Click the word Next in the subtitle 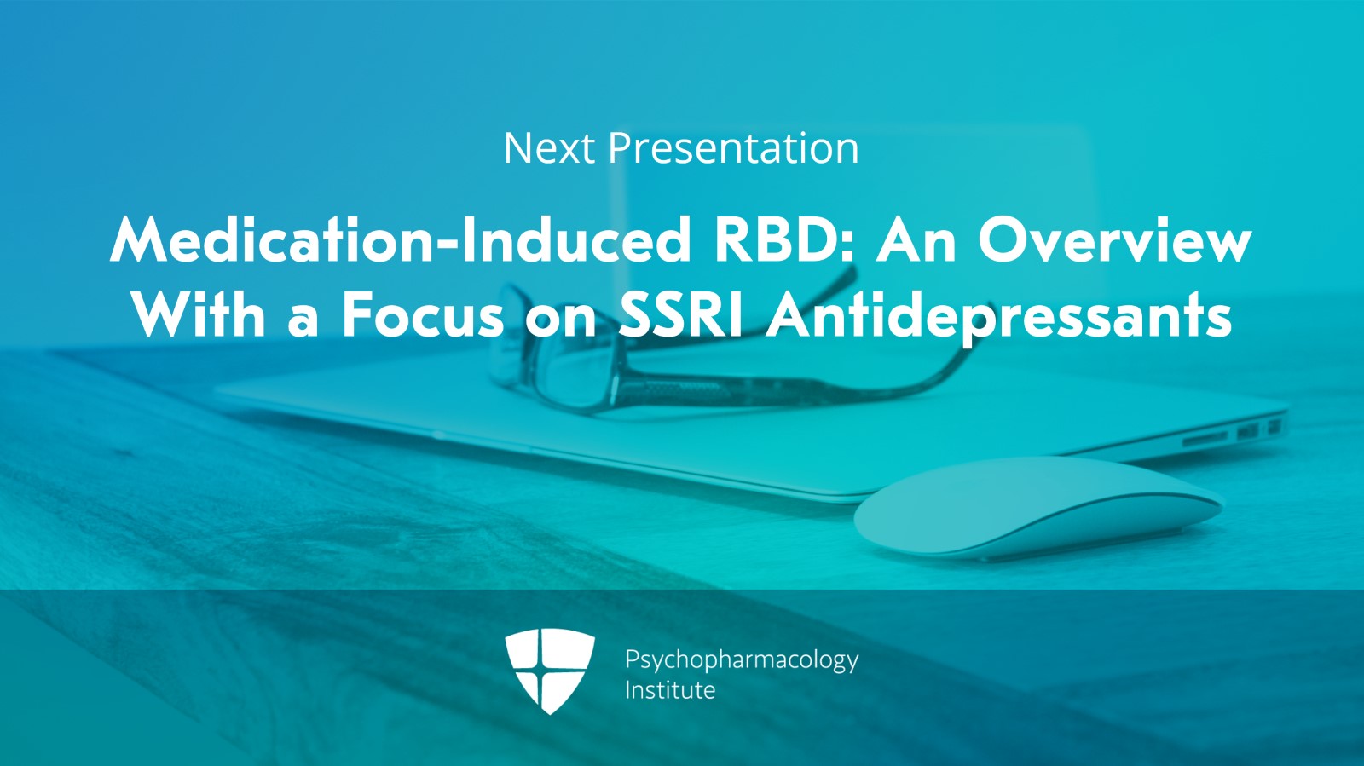coord(549,148)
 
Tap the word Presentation coord(734,148)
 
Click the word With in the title coord(199,315)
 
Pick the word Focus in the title coord(423,315)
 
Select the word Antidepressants coord(999,318)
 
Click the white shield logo coord(550,671)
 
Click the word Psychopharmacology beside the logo coord(742,660)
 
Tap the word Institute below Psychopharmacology coord(670,690)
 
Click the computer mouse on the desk coord(1038,508)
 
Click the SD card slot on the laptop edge coord(1205,438)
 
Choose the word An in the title coord(916,241)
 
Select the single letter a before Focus coord(303,322)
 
